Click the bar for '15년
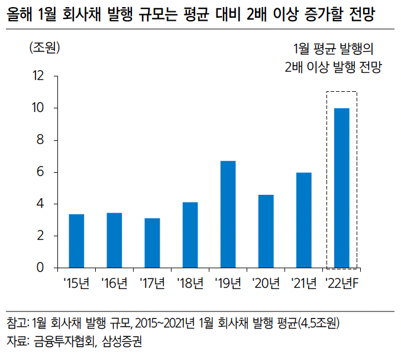(x=76, y=241)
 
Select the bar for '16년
(x=114, y=240)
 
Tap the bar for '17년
(x=152, y=243)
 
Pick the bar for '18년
(x=190, y=235)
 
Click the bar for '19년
(x=228, y=214)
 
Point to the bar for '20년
(x=266, y=231)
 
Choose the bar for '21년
(x=303, y=220)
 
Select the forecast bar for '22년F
(x=341, y=188)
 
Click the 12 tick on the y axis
(x=39, y=76)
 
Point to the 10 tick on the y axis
(x=39, y=108)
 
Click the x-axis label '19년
(x=228, y=284)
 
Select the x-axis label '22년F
(x=342, y=284)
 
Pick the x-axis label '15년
(x=76, y=284)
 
